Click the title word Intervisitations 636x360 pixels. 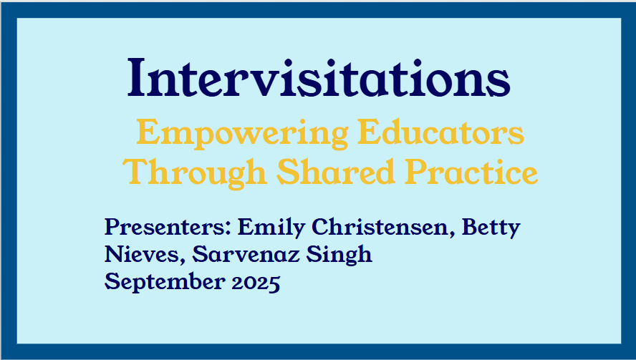pos(319,77)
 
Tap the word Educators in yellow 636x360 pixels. pos(440,132)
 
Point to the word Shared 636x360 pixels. pos(335,172)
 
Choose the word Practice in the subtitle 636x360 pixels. pos(471,172)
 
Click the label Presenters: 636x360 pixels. pos(168,227)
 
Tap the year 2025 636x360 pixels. pos(256,282)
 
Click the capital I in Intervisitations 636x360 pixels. pos(136,77)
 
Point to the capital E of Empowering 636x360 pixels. pos(146,132)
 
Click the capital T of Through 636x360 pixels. pos(136,172)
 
